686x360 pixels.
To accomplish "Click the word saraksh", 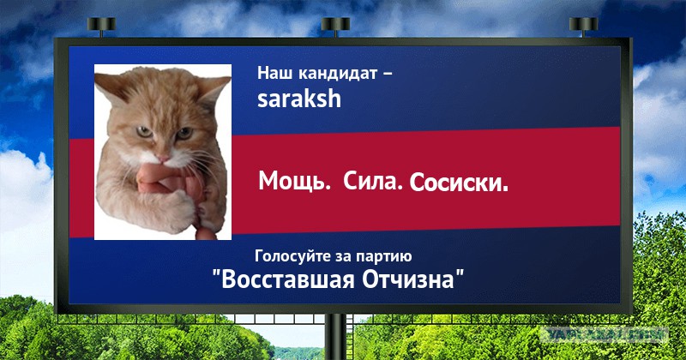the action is tap(298, 98).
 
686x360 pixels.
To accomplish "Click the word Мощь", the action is tap(294, 181).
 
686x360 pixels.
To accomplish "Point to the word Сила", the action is tap(372, 180).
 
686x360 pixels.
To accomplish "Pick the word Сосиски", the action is tap(459, 183).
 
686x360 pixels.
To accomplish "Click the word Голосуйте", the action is tap(293, 256).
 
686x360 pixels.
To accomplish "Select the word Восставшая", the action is tap(287, 279).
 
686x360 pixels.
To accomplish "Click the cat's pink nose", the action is tap(164, 158).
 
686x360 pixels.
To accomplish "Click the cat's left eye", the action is tap(144, 131).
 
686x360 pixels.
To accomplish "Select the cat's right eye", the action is tap(184, 133).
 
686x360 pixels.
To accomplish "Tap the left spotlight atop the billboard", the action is tap(101, 26).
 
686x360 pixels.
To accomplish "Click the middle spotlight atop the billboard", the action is tap(335, 26).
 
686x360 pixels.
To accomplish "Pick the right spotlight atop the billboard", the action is tap(584, 26).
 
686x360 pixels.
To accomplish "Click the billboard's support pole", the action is tap(335, 336).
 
